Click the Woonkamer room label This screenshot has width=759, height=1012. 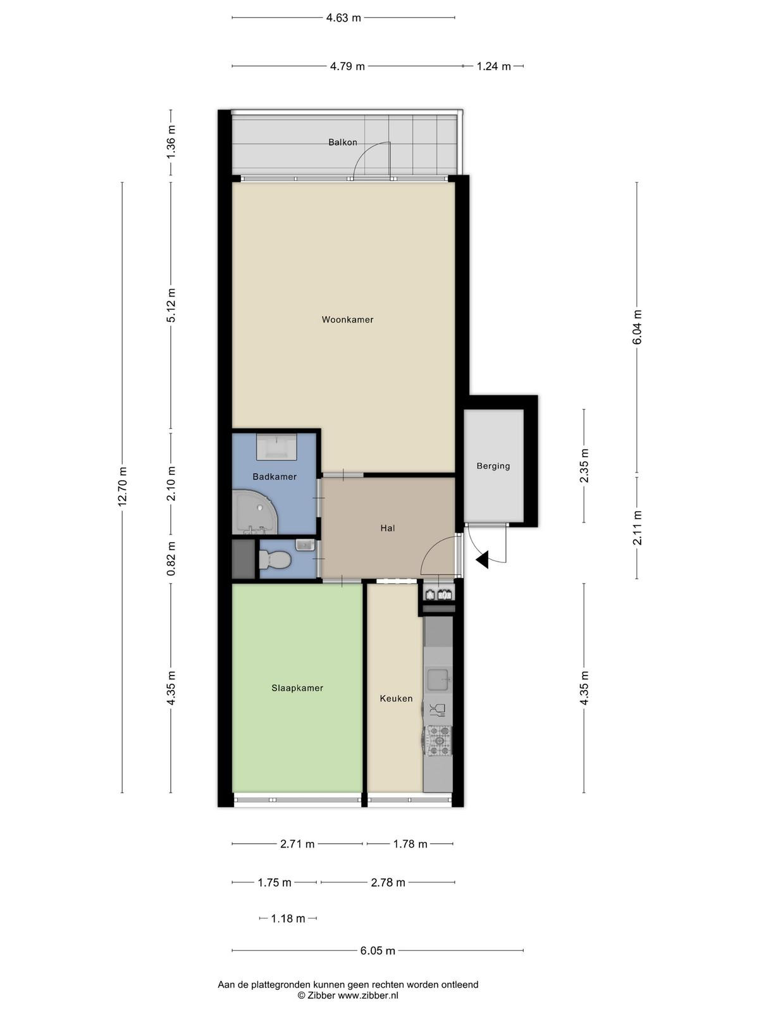tap(347, 319)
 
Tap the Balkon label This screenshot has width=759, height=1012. tap(342, 142)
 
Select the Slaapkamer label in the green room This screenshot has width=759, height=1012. tap(297, 688)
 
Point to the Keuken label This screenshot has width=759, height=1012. tap(396, 698)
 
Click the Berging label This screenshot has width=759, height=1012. tap(493, 466)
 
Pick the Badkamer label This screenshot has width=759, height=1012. tap(275, 477)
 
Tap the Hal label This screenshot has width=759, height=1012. tap(388, 528)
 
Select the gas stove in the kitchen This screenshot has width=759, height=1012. tap(439, 741)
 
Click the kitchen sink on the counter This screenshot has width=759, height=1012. tap(439, 680)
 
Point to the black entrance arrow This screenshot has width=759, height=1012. tap(482, 560)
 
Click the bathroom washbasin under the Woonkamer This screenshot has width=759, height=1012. tap(276, 447)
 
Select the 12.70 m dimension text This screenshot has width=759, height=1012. tap(122, 487)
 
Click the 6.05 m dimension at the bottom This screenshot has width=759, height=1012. tap(378, 951)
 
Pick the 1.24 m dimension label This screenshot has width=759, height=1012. tap(493, 66)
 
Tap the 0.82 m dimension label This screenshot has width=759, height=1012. tap(171, 558)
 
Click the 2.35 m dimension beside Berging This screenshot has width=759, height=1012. tap(584, 466)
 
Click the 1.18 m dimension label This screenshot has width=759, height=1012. tap(288, 919)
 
